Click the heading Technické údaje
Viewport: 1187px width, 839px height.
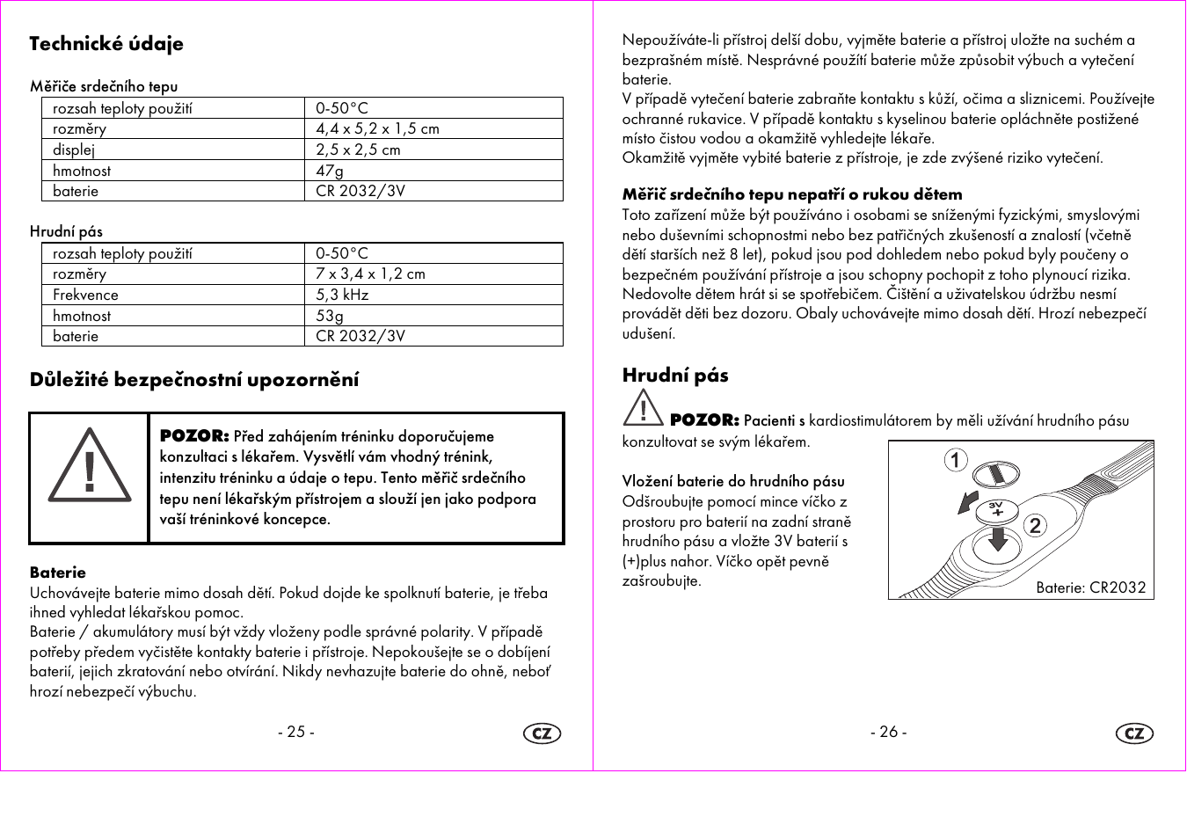pos(106,44)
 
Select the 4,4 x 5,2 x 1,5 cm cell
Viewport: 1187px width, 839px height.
pos(377,129)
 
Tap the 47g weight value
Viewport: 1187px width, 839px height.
pos(330,171)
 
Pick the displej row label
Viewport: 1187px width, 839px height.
pos(74,150)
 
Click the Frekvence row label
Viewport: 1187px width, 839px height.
pos(85,295)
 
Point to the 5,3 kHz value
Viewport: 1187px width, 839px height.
pos(342,295)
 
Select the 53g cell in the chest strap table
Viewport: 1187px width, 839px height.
pos(330,316)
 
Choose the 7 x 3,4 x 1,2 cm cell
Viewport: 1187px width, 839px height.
pos(370,274)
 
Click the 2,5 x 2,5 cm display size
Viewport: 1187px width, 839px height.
pos(358,150)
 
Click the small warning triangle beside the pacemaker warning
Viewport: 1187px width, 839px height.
pos(643,409)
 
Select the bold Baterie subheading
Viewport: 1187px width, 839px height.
pos(58,573)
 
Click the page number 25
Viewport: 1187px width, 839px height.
pos(296,732)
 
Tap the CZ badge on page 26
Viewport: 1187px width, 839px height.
pos(1134,733)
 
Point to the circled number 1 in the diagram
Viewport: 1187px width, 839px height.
pos(956,460)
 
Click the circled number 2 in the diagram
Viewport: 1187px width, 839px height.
pos(1035,526)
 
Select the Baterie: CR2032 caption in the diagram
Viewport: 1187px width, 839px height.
pos(1090,587)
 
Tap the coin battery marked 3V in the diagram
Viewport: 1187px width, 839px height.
pos(997,509)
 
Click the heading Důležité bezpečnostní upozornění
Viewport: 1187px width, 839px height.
pos(194,380)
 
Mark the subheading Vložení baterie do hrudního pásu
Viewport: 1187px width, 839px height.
pos(733,481)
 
